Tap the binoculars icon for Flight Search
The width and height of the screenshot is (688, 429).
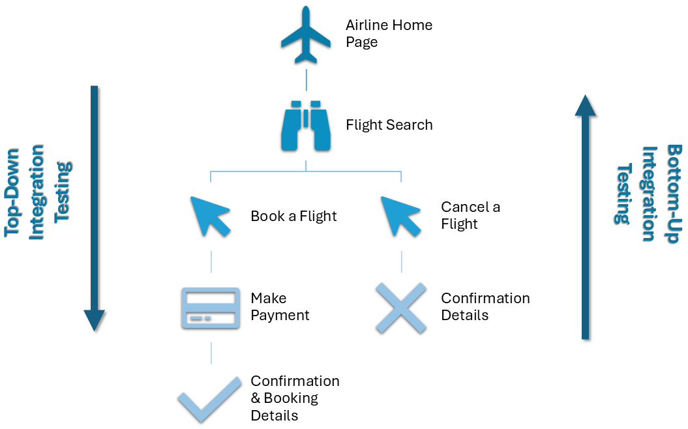(306, 125)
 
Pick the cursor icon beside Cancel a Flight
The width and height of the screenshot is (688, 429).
(400, 215)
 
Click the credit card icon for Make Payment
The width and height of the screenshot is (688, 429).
(211, 307)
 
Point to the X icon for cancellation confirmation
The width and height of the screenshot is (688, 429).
(400, 308)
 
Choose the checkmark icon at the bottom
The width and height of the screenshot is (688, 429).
(210, 398)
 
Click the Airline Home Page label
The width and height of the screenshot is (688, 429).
(389, 34)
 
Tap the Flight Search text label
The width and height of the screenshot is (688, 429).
(389, 125)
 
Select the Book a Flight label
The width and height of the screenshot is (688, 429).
(293, 216)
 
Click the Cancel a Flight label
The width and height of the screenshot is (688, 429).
(470, 216)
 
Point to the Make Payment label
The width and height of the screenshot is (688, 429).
(280, 307)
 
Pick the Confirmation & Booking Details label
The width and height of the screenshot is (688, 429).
(295, 398)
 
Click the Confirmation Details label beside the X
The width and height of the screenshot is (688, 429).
(485, 307)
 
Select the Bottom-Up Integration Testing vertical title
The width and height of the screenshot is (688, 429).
(648, 193)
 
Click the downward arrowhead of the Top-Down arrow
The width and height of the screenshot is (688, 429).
(95, 320)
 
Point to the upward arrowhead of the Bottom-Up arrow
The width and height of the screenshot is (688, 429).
(586, 106)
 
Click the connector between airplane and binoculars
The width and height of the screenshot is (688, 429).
(306, 79)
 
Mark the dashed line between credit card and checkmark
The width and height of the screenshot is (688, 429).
(211, 353)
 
